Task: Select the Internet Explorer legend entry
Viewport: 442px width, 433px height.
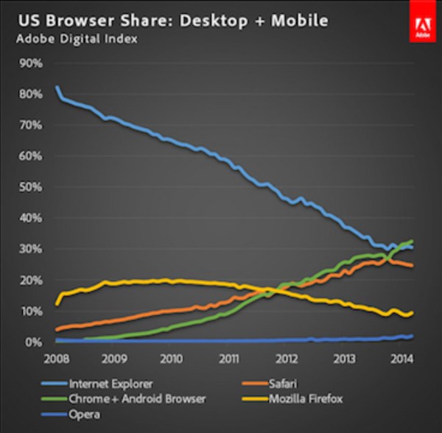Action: (110, 383)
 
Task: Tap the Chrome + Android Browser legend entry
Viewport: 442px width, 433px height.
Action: (133, 399)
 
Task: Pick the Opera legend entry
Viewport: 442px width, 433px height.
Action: (83, 415)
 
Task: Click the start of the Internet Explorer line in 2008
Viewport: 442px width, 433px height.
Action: (57, 88)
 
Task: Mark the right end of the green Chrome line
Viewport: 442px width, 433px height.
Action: (412, 242)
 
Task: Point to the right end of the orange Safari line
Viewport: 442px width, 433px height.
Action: (412, 266)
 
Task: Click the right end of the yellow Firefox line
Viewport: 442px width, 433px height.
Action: (412, 312)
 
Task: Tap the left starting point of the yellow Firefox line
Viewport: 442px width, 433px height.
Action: (57, 303)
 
